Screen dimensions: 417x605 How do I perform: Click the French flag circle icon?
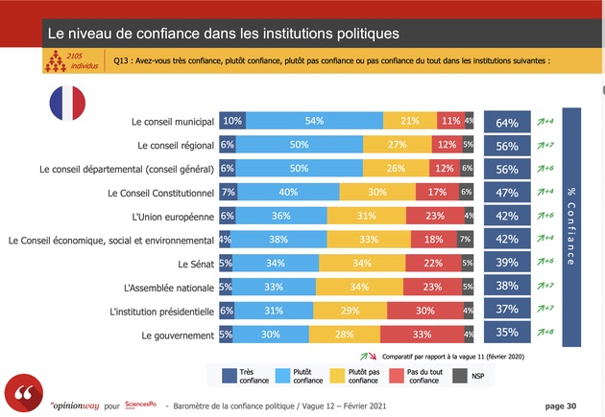(x=65, y=102)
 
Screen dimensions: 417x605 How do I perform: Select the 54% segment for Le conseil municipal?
(x=313, y=122)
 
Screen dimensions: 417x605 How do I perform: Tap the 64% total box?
(x=507, y=122)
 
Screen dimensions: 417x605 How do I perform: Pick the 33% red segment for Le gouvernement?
(x=421, y=334)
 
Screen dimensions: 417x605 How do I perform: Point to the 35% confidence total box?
(x=507, y=334)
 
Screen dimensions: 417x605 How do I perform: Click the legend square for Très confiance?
(x=229, y=375)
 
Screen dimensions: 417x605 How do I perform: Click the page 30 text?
(x=561, y=405)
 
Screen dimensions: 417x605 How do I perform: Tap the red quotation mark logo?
(x=23, y=395)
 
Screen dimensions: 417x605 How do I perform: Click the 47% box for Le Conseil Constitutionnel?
(x=507, y=193)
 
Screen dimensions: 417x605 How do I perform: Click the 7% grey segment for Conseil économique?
(x=465, y=240)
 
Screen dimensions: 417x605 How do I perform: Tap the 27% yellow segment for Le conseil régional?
(x=395, y=146)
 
